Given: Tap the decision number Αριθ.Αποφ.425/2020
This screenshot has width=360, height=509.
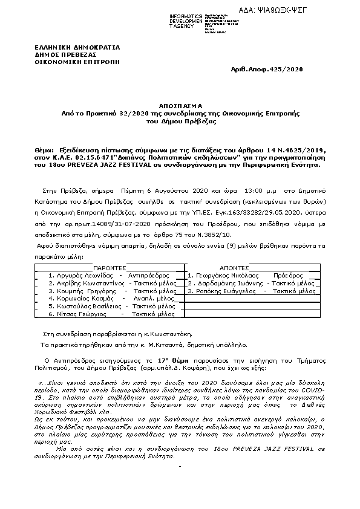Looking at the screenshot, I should point(267,71).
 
